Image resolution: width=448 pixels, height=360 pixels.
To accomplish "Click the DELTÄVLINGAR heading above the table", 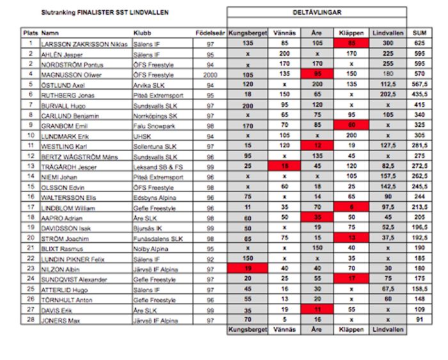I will coord(317,12).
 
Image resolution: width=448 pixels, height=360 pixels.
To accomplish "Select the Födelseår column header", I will coord(209,32).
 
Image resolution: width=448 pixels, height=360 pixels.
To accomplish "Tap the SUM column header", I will coord(419,32).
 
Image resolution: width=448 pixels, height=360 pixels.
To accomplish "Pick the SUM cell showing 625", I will coord(419,44).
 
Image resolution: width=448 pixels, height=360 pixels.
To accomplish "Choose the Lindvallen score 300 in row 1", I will coord(388,44).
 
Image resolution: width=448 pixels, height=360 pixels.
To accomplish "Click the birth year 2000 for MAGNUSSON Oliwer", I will coord(209,74).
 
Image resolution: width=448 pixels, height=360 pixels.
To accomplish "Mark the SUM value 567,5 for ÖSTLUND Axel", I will coord(419,84).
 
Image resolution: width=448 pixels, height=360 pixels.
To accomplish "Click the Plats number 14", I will coord(30,176).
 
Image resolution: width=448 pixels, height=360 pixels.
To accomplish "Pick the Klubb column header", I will coord(142,32).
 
